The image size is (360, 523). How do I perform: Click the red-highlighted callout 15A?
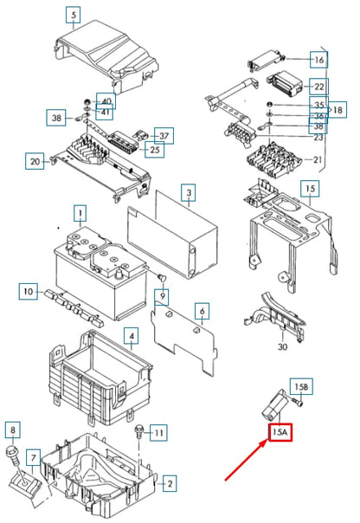point(280,432)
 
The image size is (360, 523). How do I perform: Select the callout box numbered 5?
point(73,15)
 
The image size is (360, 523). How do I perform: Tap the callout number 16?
point(318,60)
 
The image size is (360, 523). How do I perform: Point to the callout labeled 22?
point(318,87)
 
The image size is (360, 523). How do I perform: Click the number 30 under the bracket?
point(282,347)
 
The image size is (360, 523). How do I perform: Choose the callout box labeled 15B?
point(301,386)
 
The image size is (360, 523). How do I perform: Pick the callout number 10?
point(29,292)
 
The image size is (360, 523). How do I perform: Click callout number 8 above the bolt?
point(13,429)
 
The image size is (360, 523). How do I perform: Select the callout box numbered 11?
point(158,433)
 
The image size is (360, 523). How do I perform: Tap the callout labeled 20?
point(35,161)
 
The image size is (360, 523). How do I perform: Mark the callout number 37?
point(164,136)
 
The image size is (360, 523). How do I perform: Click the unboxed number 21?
point(317,160)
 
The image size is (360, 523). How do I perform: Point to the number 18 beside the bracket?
point(337,110)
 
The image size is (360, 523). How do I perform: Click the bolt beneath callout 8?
point(12,456)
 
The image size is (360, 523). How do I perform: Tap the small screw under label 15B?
point(298,402)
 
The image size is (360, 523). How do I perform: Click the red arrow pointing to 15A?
point(247,460)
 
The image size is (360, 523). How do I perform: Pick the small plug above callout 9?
point(162,277)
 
